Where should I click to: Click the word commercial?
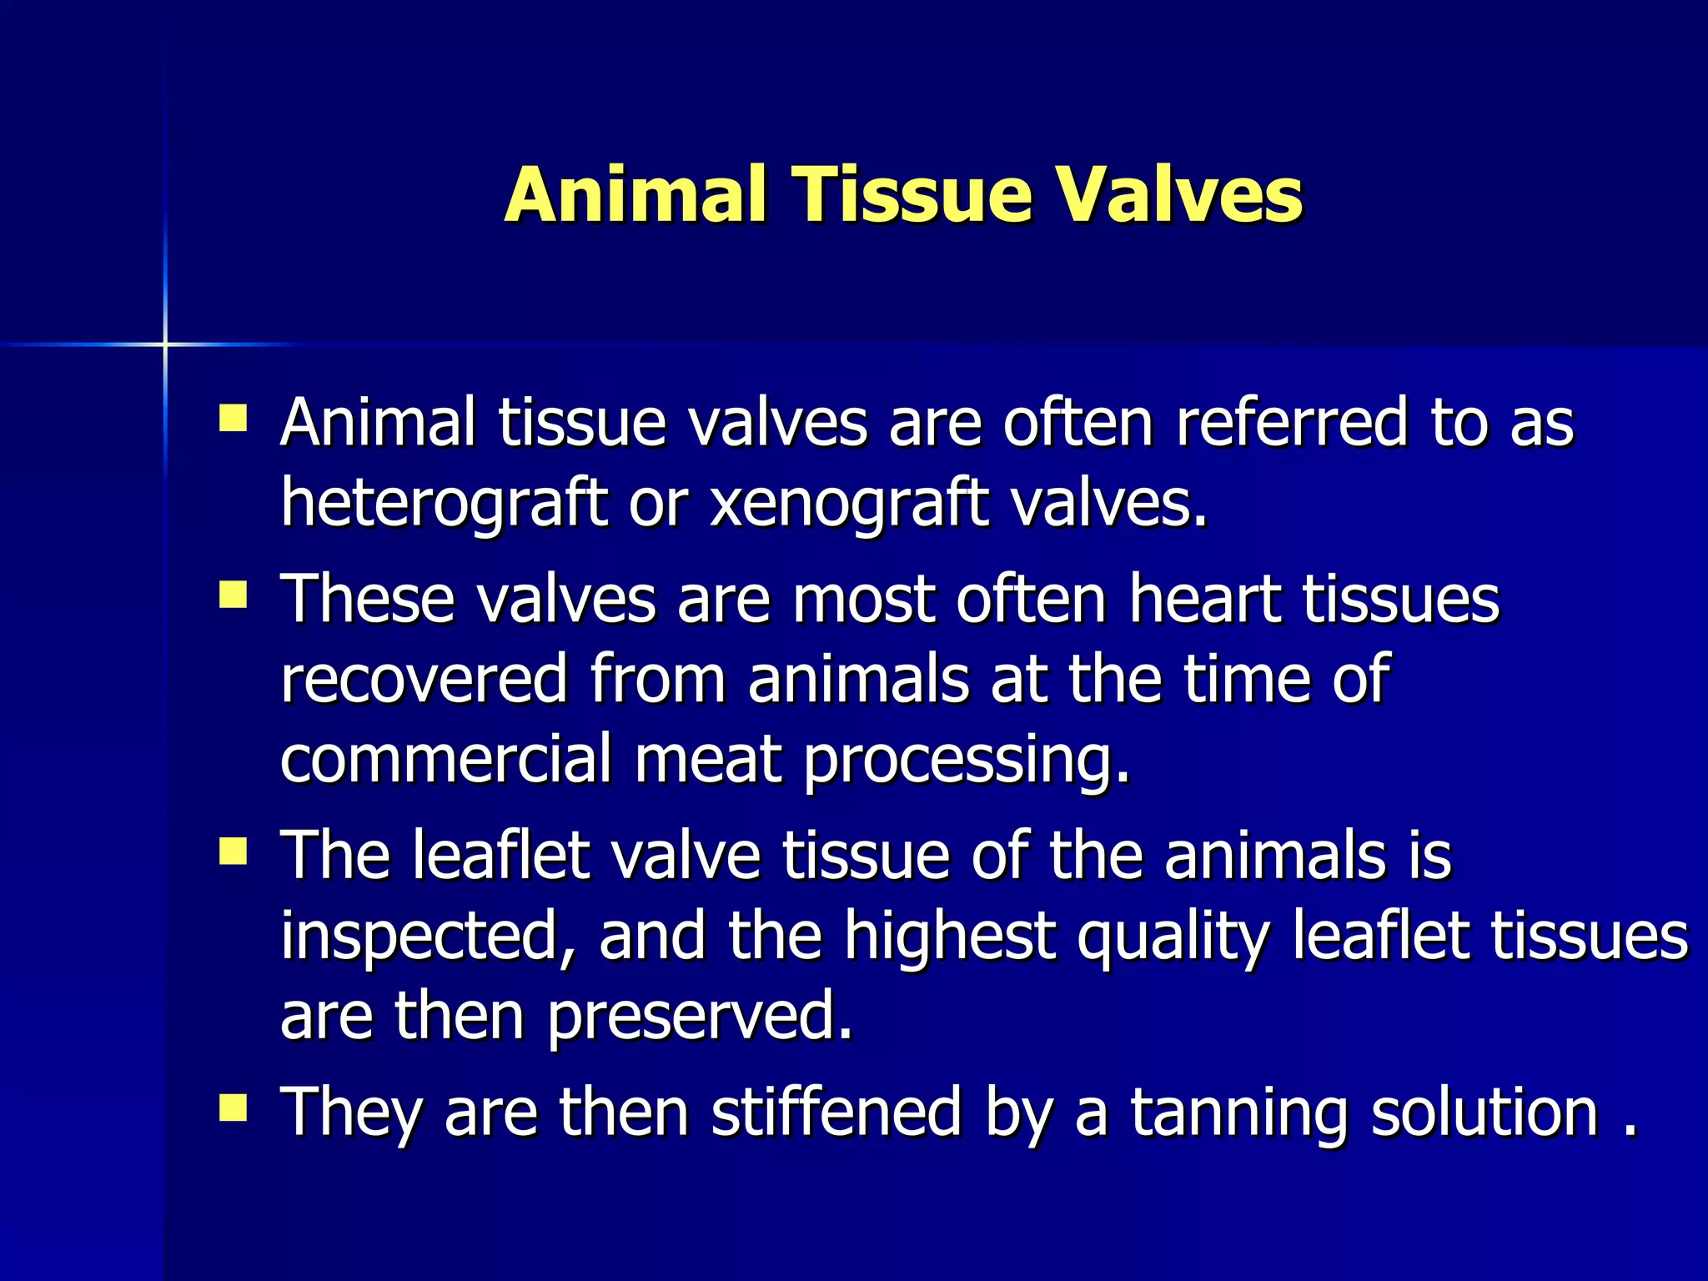pos(446,759)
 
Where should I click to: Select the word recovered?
pos(424,679)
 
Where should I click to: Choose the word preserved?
pos(701,1016)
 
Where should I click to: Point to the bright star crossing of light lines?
pos(165,344)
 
